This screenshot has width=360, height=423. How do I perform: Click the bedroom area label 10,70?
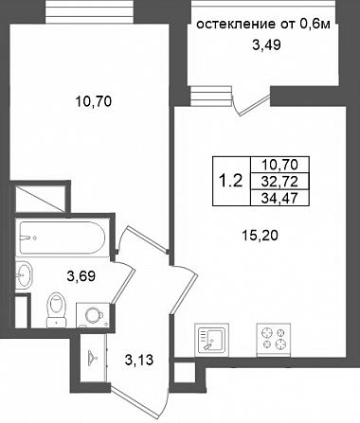94,102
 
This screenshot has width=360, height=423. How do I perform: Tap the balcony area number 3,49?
266,45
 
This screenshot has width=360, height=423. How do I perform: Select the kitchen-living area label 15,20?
260,236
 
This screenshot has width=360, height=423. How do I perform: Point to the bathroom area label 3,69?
81,276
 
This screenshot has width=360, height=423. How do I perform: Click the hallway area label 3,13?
139,360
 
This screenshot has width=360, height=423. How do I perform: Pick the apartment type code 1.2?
231,181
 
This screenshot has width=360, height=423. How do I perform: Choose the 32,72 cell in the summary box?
279,182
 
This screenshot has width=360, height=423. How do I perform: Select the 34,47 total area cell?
279,198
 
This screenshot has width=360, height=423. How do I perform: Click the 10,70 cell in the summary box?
279,165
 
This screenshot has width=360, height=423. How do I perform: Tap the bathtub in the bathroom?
62,238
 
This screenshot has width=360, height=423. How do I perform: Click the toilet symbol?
57,309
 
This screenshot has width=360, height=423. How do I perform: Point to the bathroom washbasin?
24,274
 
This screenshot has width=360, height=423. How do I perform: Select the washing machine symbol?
93,315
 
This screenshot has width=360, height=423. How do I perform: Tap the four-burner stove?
274,340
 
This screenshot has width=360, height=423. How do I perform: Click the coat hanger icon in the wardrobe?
92,357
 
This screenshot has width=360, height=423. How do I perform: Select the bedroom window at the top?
90,12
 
